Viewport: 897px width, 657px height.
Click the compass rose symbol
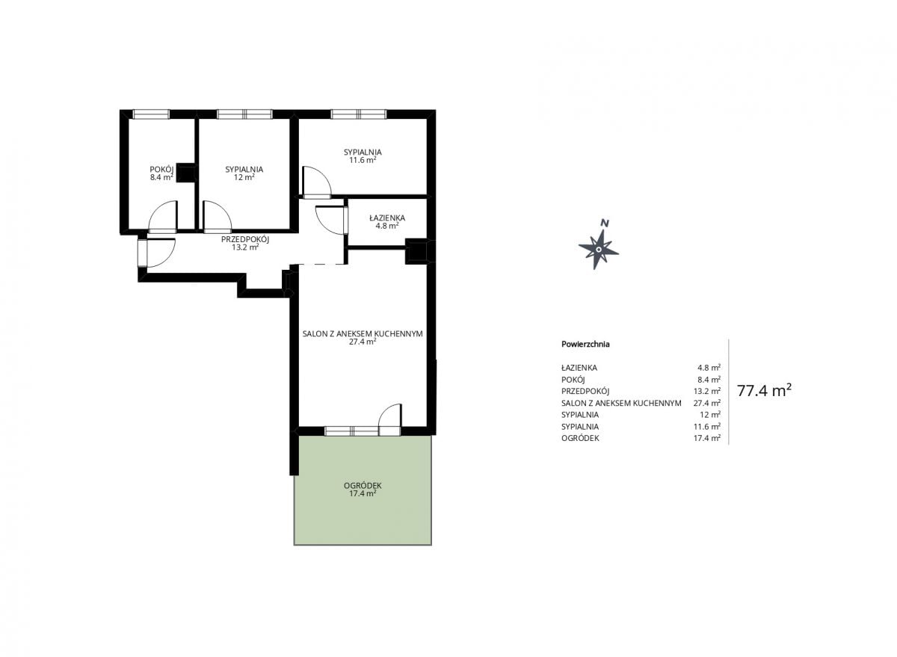tap(598, 249)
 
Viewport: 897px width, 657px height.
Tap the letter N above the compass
tap(605, 223)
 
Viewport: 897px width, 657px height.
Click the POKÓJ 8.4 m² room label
tap(161, 173)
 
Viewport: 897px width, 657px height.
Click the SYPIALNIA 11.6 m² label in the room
tap(363, 155)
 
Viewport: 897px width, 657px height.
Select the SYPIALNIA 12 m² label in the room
tap(244, 173)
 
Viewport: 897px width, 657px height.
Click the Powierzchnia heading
tap(585, 344)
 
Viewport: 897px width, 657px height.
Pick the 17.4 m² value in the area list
tap(707, 438)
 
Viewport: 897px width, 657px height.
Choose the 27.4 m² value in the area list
tap(707, 403)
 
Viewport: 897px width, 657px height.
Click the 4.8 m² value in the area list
tap(709, 368)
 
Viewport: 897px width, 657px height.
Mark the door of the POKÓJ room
tap(163, 217)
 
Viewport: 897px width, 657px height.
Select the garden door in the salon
tap(389, 419)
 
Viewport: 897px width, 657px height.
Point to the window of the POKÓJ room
tap(151, 114)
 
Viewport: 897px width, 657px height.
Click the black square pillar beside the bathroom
tap(417, 251)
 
